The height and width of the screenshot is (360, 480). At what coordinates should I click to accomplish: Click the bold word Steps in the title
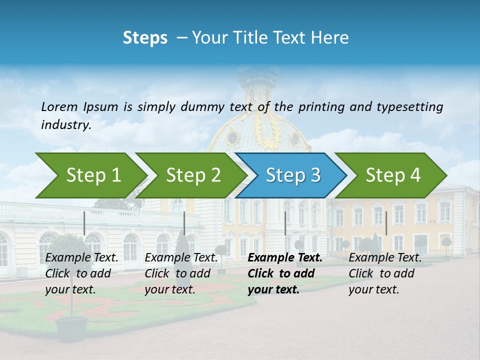click(x=145, y=38)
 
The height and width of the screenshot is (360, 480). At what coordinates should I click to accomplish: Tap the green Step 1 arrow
click(x=90, y=175)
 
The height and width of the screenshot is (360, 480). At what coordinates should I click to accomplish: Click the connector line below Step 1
click(x=84, y=223)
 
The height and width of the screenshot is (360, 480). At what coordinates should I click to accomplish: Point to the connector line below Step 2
click(x=184, y=223)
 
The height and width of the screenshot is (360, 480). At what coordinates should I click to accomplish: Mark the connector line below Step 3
click(x=285, y=223)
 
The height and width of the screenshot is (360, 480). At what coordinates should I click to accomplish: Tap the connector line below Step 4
click(x=386, y=223)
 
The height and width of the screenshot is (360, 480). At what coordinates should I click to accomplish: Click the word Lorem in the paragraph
click(x=59, y=107)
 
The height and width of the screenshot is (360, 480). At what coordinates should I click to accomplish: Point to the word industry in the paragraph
click(x=65, y=125)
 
